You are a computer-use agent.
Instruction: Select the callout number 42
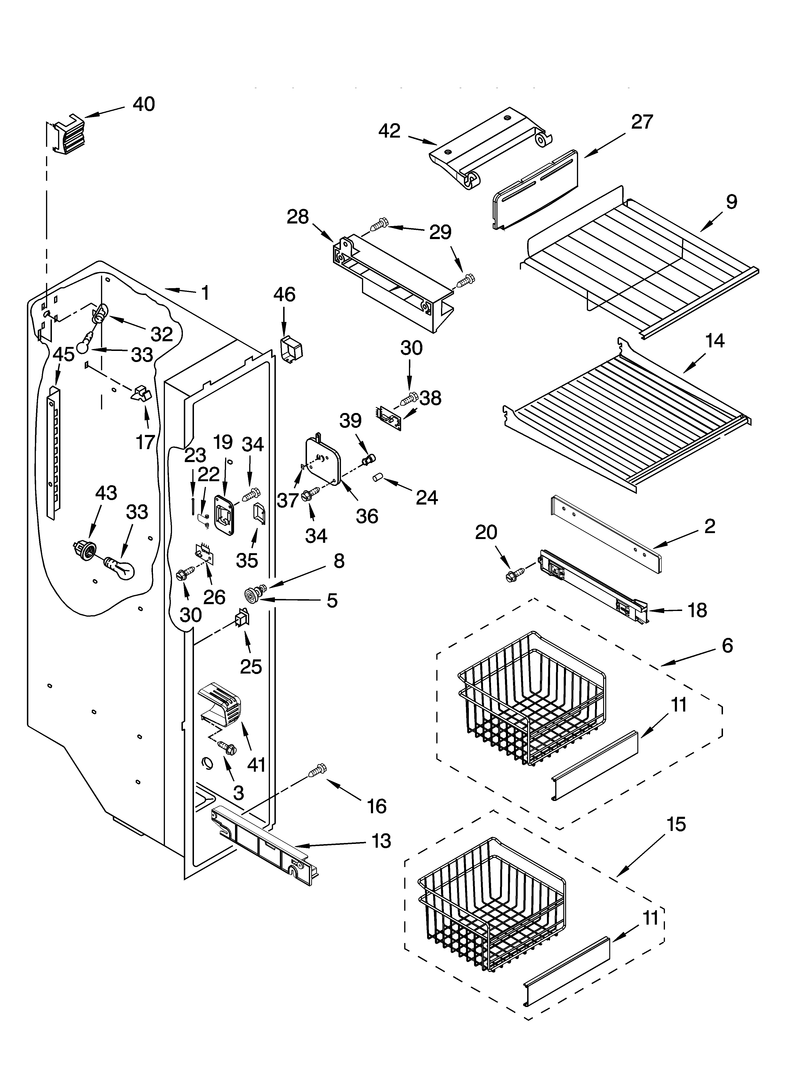click(389, 131)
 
